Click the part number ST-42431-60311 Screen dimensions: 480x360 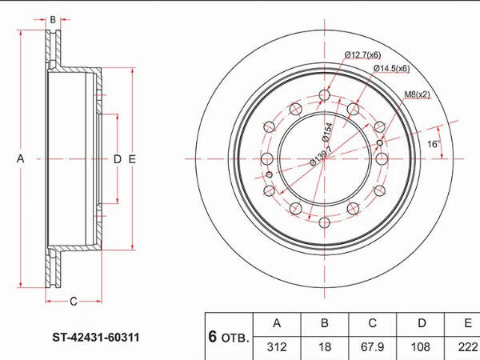pyautogui.click(x=96, y=338)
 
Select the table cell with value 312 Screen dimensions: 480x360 pyautogui.click(x=277, y=347)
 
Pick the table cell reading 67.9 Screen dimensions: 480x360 pyautogui.click(x=372, y=347)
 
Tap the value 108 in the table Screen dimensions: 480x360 pyautogui.click(x=420, y=347)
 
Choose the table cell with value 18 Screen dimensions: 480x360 pyautogui.click(x=325, y=347)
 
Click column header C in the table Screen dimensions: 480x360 pyautogui.click(x=372, y=323)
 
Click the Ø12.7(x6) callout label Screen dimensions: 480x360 pyautogui.click(x=362, y=55)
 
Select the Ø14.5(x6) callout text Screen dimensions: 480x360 pyautogui.click(x=391, y=68)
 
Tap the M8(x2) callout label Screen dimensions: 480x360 pyautogui.click(x=417, y=94)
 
